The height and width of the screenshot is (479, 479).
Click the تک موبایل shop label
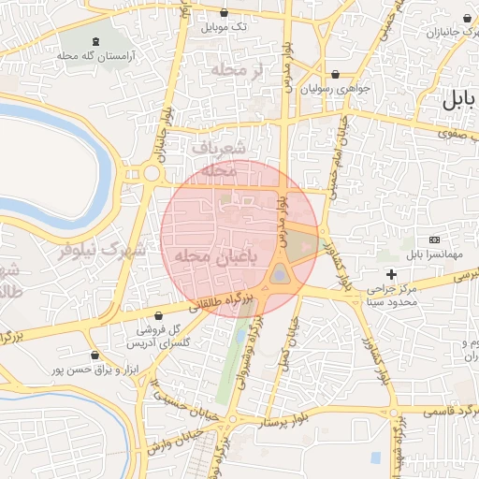225,27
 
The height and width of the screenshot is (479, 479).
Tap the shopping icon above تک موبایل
224,13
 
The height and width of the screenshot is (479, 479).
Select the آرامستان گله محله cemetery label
97,55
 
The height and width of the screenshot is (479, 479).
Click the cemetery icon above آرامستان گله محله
97,41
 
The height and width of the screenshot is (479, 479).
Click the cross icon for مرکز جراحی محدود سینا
391,274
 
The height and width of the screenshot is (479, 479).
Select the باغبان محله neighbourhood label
203,255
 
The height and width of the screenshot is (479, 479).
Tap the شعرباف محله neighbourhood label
221,159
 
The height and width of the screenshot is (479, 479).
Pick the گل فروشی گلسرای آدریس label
151,337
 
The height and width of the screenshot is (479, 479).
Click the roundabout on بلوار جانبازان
150,173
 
